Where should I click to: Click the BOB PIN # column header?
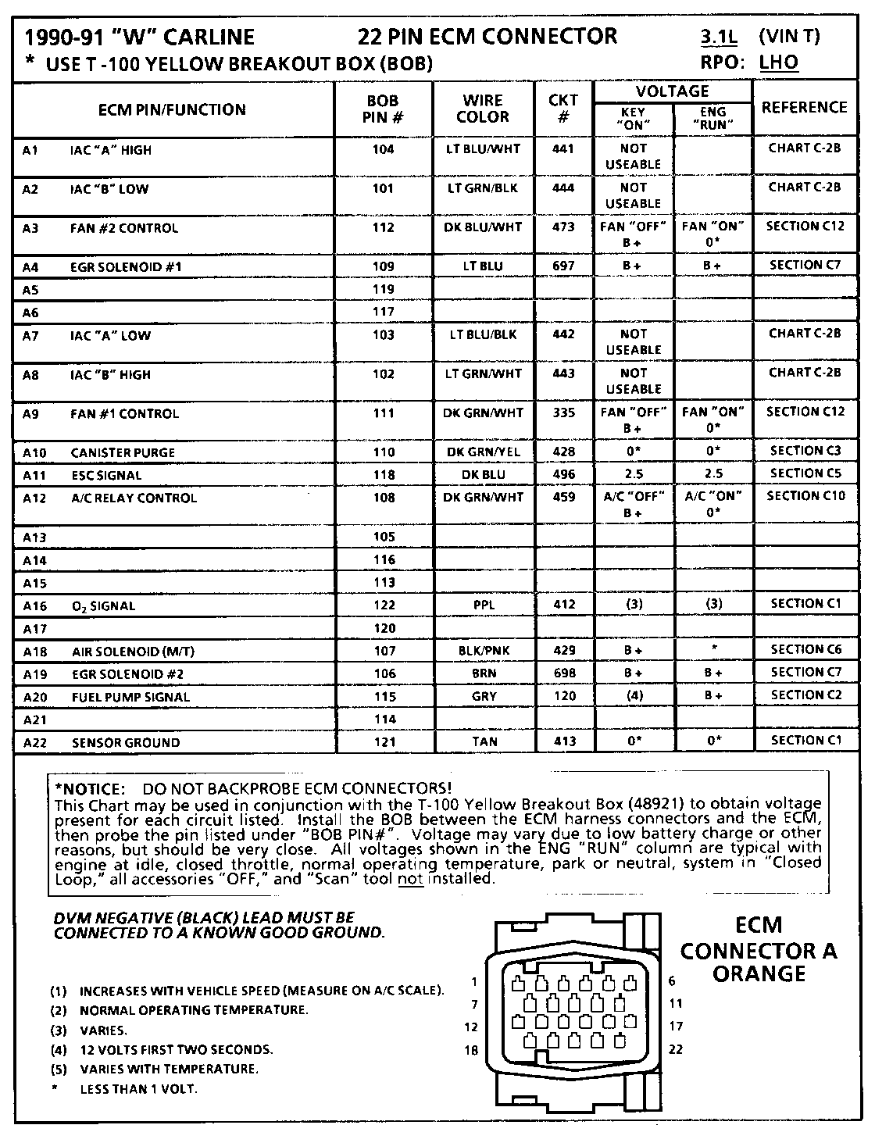coord(383,109)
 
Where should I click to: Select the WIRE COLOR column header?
coord(482,109)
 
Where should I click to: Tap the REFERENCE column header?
coord(804,108)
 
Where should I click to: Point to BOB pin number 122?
coord(384,605)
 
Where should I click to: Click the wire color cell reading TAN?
coord(484,741)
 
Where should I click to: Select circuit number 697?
coord(562,266)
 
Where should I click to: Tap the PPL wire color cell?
coord(484,605)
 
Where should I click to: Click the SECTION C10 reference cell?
coord(805,496)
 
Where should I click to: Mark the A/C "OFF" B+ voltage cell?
coord(633,505)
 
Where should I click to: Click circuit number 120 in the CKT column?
coord(563,696)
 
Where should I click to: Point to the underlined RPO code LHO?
coord(778,62)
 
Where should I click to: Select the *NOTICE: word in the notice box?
coord(90,789)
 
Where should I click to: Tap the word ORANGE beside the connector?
coord(759,974)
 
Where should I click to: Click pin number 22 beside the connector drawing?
coord(676,1049)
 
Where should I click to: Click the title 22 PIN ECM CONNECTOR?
coord(487,37)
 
